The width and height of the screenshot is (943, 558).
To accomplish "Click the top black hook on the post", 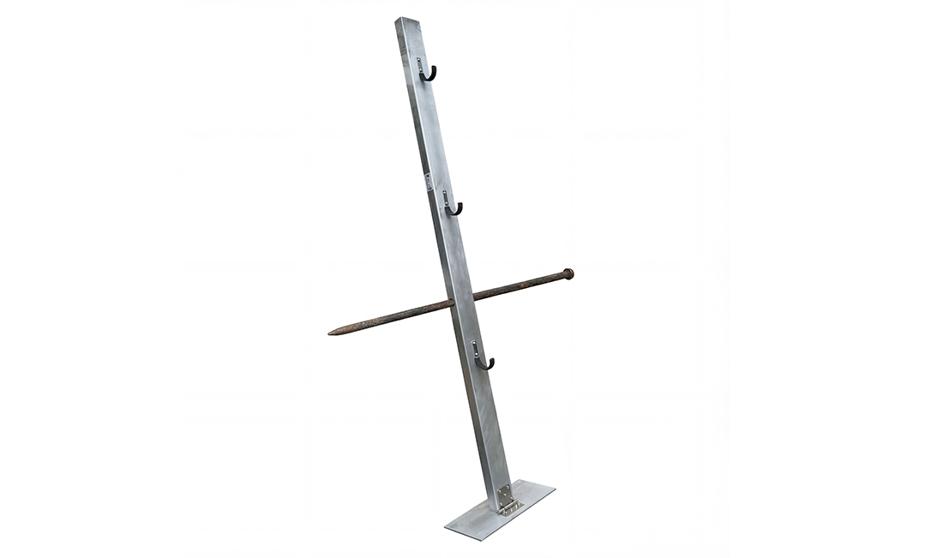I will pyautogui.click(x=429, y=75).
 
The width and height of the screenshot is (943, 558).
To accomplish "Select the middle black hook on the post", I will pyautogui.click(x=454, y=208).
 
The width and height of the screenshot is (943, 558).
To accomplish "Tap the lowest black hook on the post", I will pyautogui.click(x=485, y=364).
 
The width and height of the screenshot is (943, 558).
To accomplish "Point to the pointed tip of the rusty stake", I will pyautogui.click(x=332, y=331).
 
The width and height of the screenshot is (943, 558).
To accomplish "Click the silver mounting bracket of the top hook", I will pyautogui.click(x=420, y=64).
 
